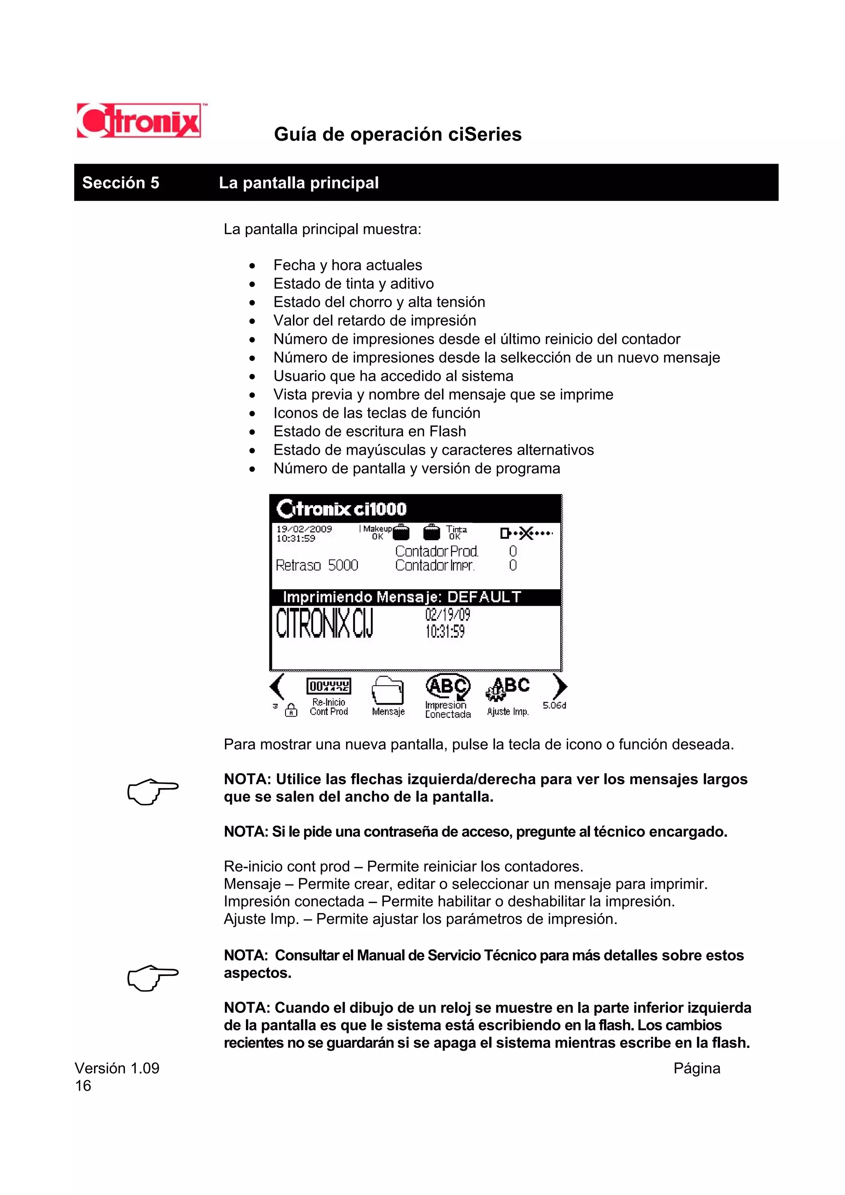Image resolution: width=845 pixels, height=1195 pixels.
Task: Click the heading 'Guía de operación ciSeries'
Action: pos(397,134)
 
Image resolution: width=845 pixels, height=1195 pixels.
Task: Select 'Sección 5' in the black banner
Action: pos(120,183)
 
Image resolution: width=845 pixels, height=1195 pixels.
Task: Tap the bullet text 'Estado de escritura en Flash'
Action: pos(369,431)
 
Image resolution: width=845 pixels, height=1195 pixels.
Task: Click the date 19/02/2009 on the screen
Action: pos(304,529)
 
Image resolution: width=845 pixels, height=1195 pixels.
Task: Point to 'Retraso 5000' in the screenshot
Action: pos(316,565)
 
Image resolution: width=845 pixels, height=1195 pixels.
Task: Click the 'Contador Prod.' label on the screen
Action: pos(436,551)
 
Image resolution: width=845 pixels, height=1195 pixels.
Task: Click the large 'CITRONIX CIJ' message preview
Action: pos(324,623)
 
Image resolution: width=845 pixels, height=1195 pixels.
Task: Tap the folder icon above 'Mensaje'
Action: pos(388,690)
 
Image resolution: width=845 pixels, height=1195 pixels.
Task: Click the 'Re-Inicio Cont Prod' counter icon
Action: pos(328,687)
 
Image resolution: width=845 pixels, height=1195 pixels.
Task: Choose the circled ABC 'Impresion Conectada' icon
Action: pos(448,687)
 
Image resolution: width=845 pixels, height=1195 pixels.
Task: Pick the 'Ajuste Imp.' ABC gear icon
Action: pos(507,689)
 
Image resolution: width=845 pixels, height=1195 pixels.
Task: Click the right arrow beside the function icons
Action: pos(560,687)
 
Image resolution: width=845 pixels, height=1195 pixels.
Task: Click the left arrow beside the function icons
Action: pos(277,687)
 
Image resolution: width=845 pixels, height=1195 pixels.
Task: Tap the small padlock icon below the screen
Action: pos(291,710)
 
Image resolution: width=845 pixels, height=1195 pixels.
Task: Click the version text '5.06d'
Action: pos(554,705)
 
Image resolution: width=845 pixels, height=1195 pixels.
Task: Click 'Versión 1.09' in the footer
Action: pos(117,1068)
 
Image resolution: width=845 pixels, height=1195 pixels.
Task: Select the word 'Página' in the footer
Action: pos(696,1068)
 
